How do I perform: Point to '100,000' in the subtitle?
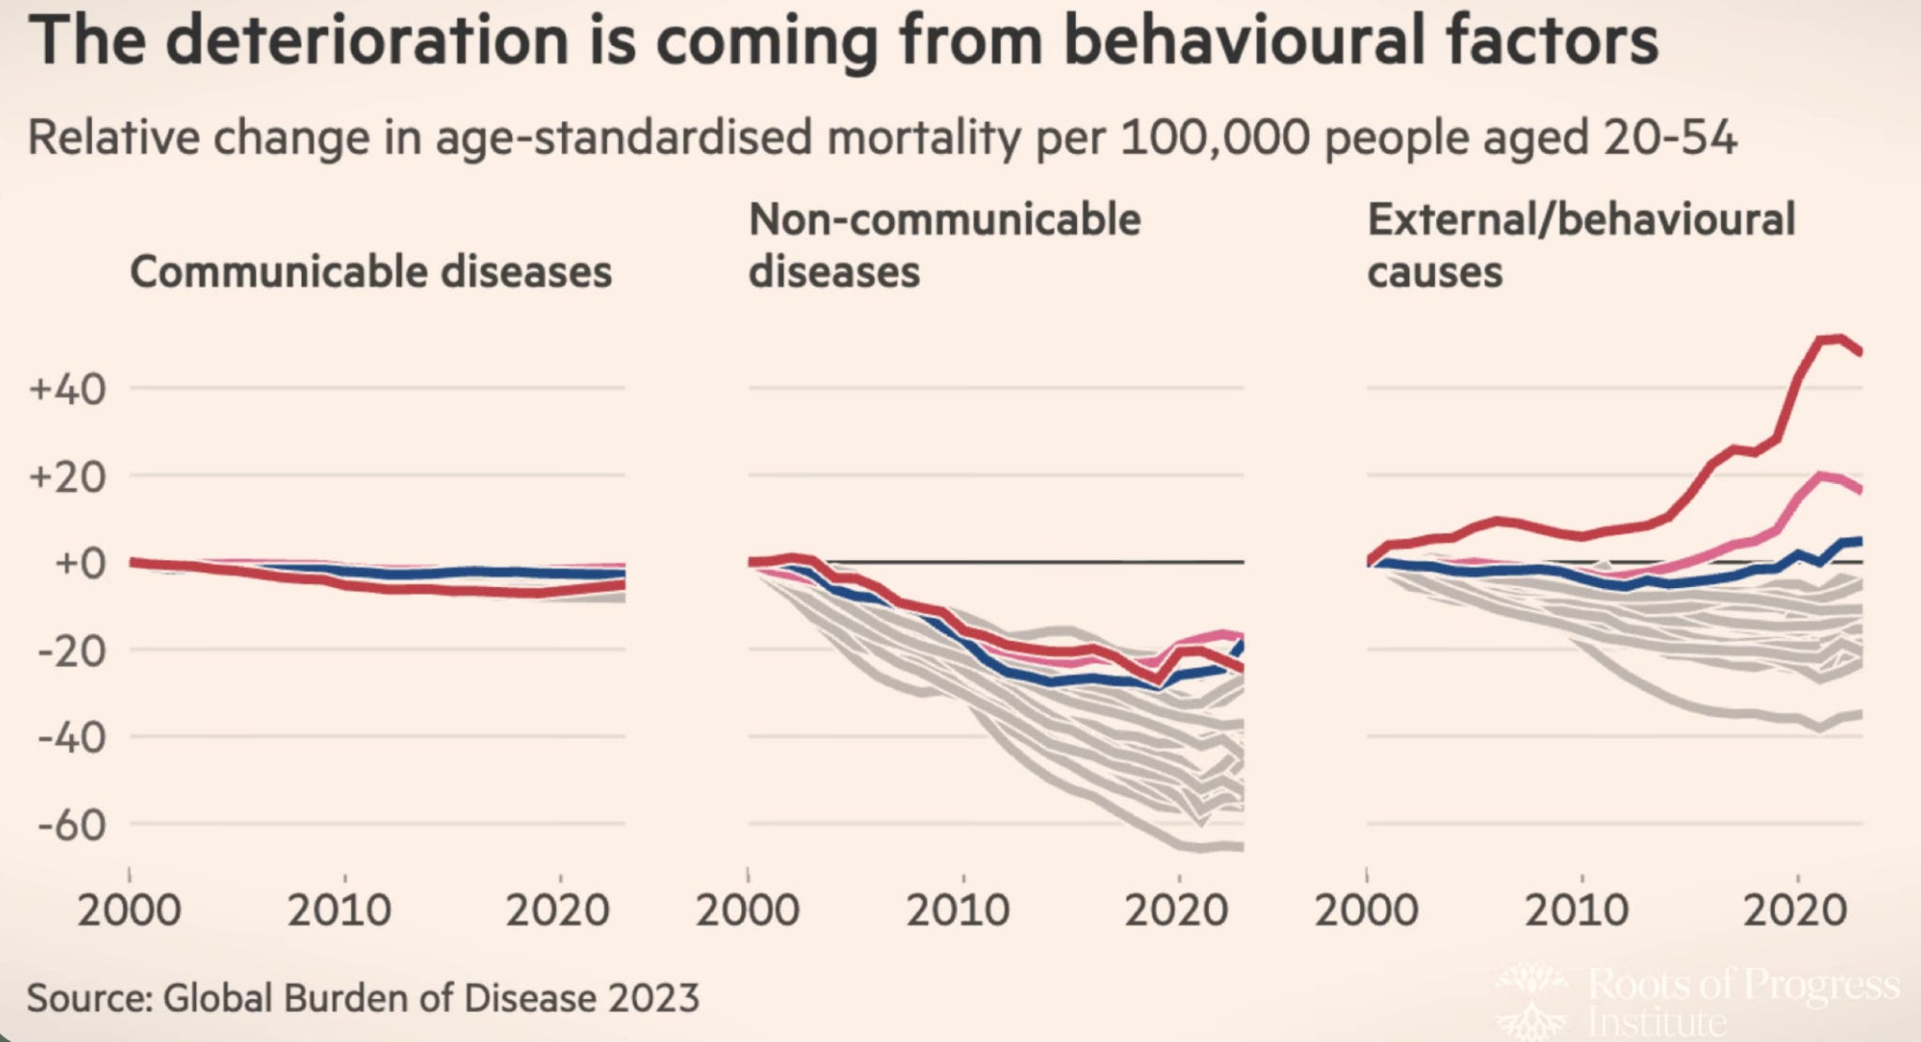coord(1216,138)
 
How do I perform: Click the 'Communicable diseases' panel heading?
coord(371,272)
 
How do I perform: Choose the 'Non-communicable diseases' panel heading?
coord(944,246)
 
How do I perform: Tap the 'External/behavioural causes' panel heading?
coord(1581,246)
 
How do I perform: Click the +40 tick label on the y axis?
coord(68,388)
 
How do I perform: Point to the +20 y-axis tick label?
coord(68,476)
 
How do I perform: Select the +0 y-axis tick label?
coord(79,563)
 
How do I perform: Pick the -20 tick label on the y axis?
coord(71,650)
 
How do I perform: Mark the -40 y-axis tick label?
coord(71,737)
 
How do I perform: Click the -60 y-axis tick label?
coord(71,825)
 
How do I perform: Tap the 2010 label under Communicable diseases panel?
coord(340,910)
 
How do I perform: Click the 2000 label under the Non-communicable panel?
coord(748,910)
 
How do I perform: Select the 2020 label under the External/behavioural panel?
coord(1795,910)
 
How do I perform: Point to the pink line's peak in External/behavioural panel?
coord(1823,476)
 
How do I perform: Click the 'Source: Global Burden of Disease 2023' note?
coord(363,998)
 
